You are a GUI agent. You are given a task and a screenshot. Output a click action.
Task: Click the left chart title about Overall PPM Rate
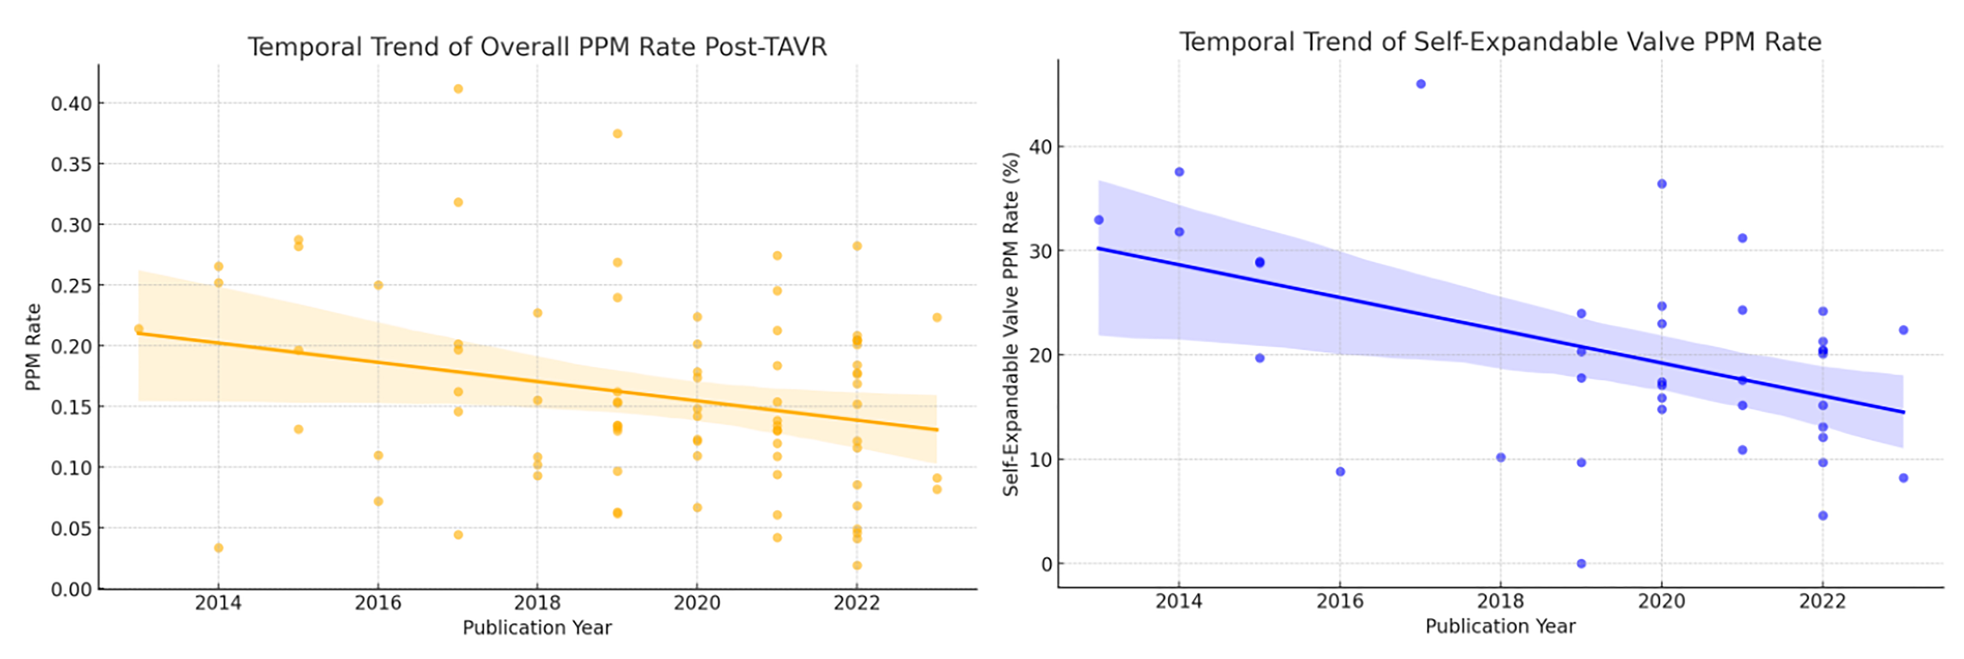point(537,47)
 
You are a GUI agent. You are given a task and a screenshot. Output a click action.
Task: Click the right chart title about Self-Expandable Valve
point(1500,42)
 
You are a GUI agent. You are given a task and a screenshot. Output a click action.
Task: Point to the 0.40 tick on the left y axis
point(72,104)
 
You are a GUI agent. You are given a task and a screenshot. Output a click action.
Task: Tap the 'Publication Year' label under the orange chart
point(537,628)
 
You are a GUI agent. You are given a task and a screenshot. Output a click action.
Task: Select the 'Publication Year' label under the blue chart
point(1500,626)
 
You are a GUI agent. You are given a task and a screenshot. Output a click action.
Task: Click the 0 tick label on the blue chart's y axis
point(1046,564)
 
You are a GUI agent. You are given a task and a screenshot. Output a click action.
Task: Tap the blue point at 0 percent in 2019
point(1581,564)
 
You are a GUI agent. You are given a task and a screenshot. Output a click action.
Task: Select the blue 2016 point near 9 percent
point(1340,471)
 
